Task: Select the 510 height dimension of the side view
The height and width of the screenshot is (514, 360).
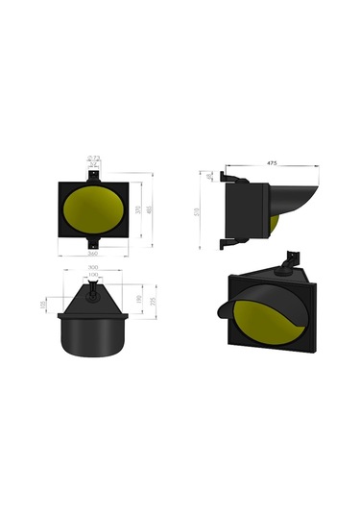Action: tap(197, 211)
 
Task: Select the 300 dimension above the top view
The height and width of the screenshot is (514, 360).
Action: tap(92, 267)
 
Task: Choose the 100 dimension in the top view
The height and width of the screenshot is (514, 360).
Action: tap(92, 277)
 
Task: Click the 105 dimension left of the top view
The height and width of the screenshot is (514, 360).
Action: tap(41, 305)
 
